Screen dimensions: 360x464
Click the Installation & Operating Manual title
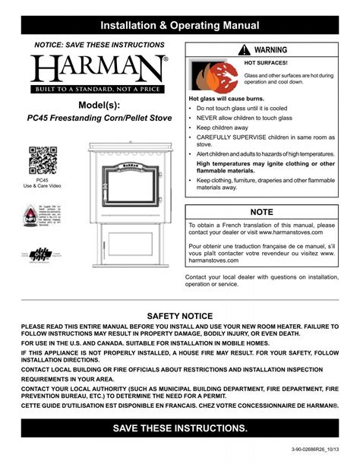[x=180, y=26]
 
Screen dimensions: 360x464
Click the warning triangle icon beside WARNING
[x=243, y=50]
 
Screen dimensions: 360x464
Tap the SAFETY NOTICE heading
[x=180, y=315]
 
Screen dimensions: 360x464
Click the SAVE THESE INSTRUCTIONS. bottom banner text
[x=180, y=428]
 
